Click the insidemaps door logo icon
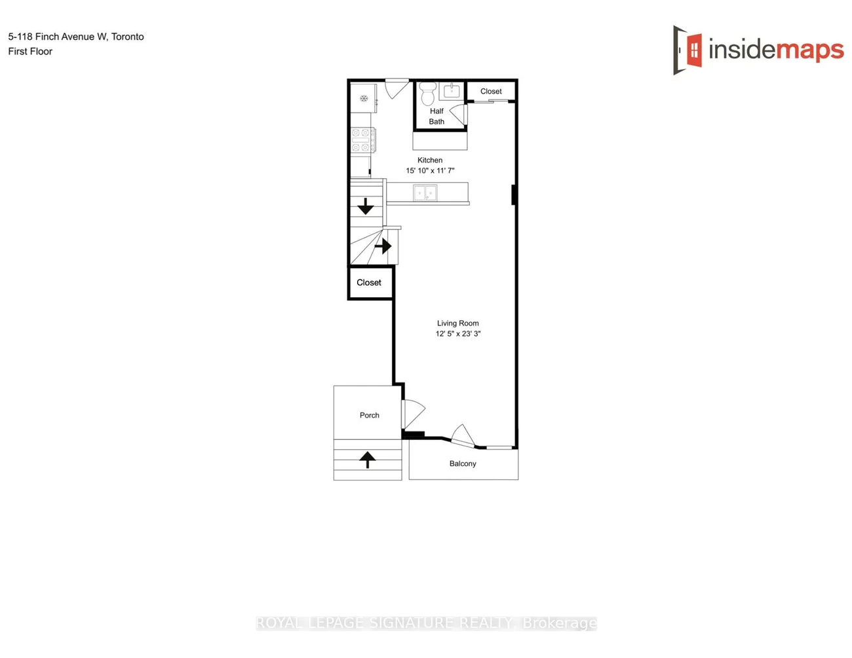pyautogui.click(x=688, y=50)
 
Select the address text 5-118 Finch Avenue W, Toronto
pyautogui.click(x=76, y=37)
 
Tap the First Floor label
pyautogui.click(x=30, y=52)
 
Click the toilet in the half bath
pyautogui.click(x=428, y=94)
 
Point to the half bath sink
pyautogui.click(x=452, y=91)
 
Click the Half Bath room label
pyautogui.click(x=436, y=117)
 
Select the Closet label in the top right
pyautogui.click(x=491, y=92)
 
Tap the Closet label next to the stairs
pyautogui.click(x=369, y=283)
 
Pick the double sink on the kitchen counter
pyautogui.click(x=425, y=193)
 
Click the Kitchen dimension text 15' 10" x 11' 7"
pyautogui.click(x=430, y=171)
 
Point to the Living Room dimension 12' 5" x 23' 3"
pyautogui.click(x=458, y=334)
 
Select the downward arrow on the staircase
pyautogui.click(x=366, y=207)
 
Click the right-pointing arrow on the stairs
pyautogui.click(x=383, y=246)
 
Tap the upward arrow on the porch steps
pyautogui.click(x=368, y=460)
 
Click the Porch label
pyautogui.click(x=370, y=415)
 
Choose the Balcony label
pyautogui.click(x=463, y=464)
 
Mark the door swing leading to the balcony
pyautogui.click(x=463, y=435)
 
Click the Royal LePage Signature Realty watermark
pyautogui.click(x=426, y=623)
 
